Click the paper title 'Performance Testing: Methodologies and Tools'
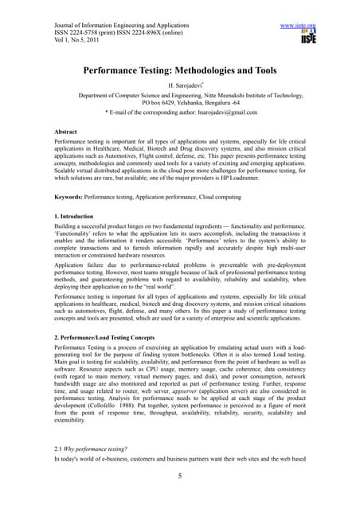(x=180, y=71)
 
